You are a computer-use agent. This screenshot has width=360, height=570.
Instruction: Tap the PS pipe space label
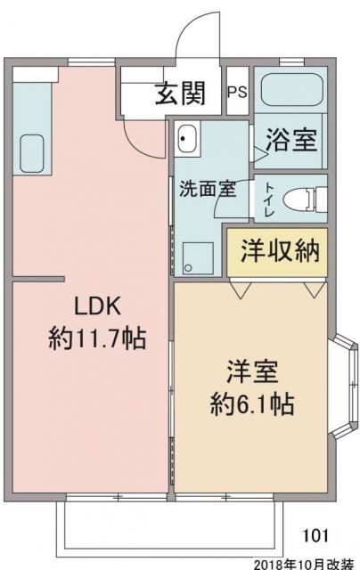[x=237, y=92]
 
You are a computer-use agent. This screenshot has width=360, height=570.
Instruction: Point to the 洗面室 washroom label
[x=207, y=188]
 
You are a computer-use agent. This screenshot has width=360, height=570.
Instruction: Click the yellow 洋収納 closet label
[x=279, y=252]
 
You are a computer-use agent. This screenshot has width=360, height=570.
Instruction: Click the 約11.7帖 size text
[x=97, y=338]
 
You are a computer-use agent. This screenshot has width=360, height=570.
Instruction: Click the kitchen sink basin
[x=32, y=152]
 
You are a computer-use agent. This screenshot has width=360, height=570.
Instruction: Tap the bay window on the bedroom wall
[x=342, y=366]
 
